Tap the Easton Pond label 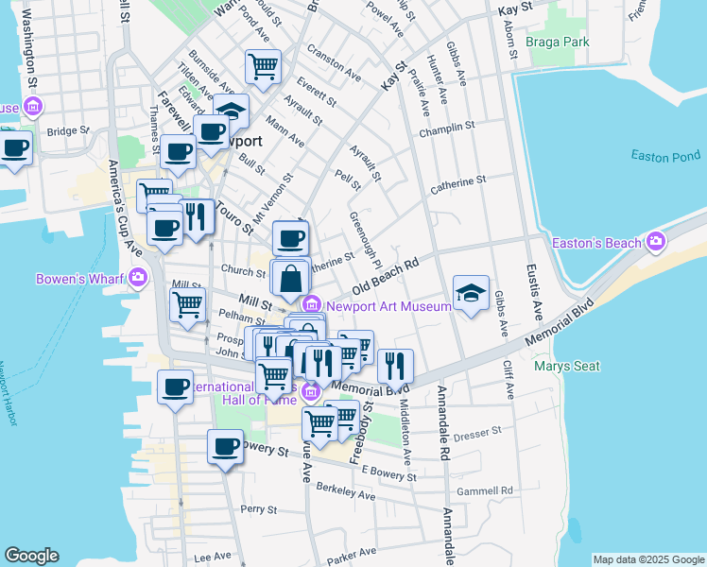tap(665, 156)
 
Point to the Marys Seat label tap(561, 365)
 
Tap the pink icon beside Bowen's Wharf tap(139, 278)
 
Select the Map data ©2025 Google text tap(647, 559)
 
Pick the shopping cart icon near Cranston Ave tap(264, 66)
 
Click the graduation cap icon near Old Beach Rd tap(472, 292)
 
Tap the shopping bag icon tap(291, 278)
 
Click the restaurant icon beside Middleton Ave tap(395, 365)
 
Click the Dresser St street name tap(476, 434)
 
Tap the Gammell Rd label tap(484, 490)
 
